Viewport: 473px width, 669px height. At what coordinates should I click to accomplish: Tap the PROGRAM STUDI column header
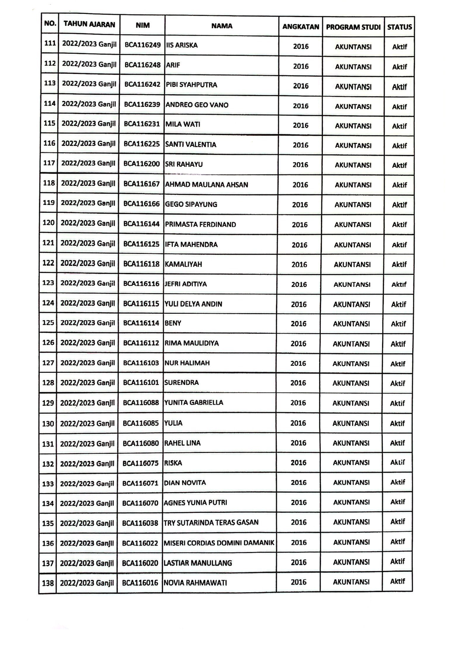click(353, 27)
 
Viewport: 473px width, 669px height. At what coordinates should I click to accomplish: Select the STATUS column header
click(399, 27)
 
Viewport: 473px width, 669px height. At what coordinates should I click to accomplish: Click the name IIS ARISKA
click(182, 45)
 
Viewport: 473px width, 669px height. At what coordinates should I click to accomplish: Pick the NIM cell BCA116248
click(142, 65)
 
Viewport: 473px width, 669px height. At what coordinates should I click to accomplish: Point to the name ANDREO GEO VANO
click(197, 105)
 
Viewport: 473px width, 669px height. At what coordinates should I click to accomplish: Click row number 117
click(49, 163)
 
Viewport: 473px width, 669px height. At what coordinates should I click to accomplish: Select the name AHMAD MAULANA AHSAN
click(207, 185)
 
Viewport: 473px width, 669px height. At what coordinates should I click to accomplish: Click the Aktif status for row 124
click(398, 304)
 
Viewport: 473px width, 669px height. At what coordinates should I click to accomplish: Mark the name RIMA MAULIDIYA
click(192, 343)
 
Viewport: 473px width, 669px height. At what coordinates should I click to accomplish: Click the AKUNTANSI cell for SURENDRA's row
click(351, 383)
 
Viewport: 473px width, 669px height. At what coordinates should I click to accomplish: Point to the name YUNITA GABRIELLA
click(194, 402)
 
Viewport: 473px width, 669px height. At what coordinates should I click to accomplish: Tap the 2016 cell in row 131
click(298, 443)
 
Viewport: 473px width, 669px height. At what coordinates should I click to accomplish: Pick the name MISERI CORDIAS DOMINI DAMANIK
click(219, 543)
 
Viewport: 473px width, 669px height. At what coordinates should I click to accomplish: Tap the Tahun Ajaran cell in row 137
click(87, 563)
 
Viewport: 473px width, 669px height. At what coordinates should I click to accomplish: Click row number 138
click(48, 583)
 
